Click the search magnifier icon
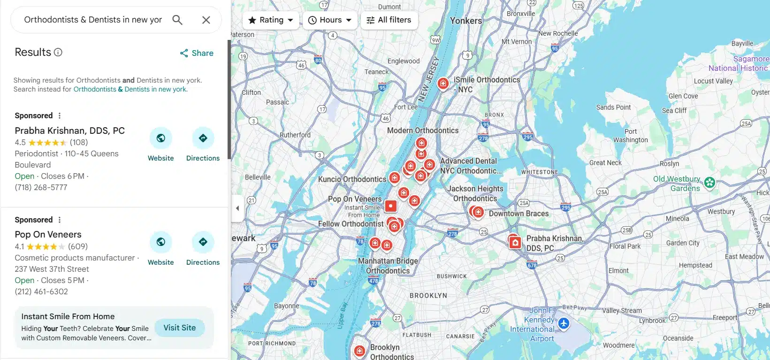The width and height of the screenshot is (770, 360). pyautogui.click(x=177, y=20)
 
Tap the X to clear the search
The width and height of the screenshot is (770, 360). pyautogui.click(x=206, y=20)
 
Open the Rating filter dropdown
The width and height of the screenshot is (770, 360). pyautogui.click(x=271, y=20)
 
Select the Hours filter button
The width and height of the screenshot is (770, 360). pyautogui.click(x=330, y=20)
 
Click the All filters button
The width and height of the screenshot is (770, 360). pyautogui.click(x=389, y=20)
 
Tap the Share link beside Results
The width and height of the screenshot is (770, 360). pyautogui.click(x=197, y=53)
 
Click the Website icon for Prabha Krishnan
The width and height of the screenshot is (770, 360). pyautogui.click(x=161, y=138)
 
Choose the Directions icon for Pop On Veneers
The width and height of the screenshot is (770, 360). pyautogui.click(x=203, y=242)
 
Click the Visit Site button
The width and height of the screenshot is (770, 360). pyautogui.click(x=180, y=328)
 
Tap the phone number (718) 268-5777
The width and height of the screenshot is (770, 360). pyautogui.click(x=41, y=187)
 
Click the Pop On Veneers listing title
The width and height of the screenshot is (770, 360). pyautogui.click(x=48, y=234)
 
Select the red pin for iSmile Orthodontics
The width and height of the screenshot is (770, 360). pyautogui.click(x=443, y=84)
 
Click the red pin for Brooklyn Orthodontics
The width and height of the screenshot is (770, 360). pyautogui.click(x=359, y=351)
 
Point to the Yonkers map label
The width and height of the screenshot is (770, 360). pyautogui.click(x=466, y=21)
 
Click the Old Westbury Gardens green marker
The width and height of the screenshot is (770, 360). pyautogui.click(x=709, y=182)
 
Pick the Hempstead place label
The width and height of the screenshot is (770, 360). pyautogui.click(x=695, y=265)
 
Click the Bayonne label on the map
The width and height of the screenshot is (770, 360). pyautogui.click(x=286, y=306)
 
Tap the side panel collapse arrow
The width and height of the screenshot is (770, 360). pyautogui.click(x=237, y=208)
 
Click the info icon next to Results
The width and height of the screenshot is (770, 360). pyautogui.click(x=58, y=52)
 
